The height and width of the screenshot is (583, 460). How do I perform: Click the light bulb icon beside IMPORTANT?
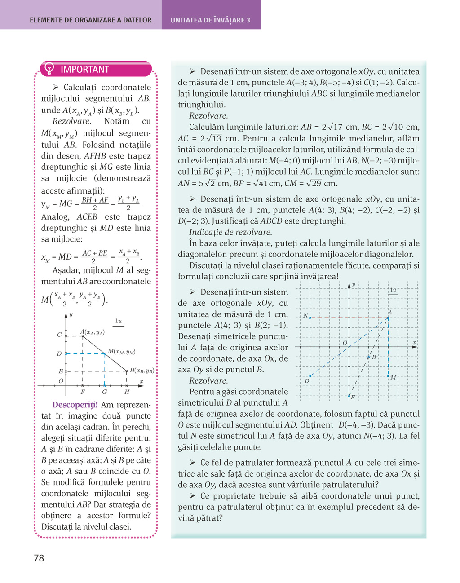(49, 69)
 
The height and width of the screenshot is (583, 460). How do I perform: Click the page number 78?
(39, 558)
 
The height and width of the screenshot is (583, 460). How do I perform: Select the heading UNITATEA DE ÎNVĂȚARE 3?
(210, 20)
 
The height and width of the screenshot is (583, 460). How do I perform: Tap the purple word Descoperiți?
(75, 405)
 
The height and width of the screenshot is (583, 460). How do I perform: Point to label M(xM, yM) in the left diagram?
(121, 352)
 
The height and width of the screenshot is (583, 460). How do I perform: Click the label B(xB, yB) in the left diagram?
(142, 371)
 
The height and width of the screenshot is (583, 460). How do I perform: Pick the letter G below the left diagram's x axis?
(104, 392)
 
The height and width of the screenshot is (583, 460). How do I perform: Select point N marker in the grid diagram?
(310, 318)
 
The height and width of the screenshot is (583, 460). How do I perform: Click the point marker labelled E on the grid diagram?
(349, 396)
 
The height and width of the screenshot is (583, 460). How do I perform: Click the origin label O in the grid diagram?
(345, 343)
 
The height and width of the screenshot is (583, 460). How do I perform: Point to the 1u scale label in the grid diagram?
(393, 290)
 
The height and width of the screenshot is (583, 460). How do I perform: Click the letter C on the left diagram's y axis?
(59, 335)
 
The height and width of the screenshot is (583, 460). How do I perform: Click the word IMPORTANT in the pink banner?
(85, 70)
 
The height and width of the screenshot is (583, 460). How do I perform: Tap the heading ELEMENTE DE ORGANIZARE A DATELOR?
(91, 20)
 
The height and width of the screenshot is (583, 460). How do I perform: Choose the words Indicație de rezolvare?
(230, 232)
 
